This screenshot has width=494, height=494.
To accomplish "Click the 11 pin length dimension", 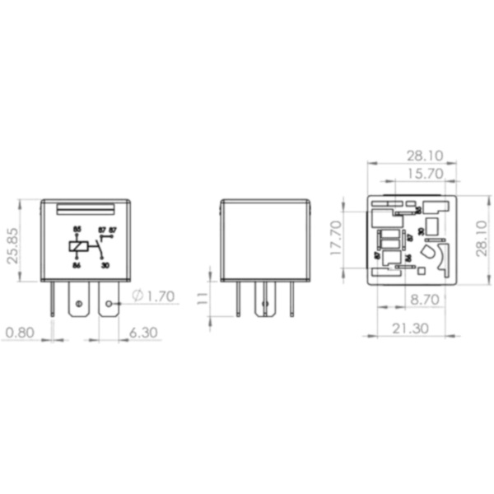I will (202, 297).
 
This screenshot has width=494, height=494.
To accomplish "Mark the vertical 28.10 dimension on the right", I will (482, 240).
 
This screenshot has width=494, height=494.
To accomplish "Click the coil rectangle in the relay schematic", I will (78, 245).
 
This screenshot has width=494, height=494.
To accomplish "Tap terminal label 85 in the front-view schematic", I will (77, 228).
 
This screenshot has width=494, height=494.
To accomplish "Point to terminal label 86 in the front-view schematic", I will (76, 264).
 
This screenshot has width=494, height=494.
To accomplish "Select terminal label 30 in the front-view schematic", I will (105, 264).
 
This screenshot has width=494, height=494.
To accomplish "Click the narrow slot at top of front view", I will (86, 209).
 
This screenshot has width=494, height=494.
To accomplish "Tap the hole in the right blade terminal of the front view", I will (109, 305).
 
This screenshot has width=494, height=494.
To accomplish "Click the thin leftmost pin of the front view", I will (54, 300).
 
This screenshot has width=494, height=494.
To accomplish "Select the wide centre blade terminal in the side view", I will (264, 300).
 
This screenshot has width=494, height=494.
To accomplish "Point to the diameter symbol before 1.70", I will (137, 296).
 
